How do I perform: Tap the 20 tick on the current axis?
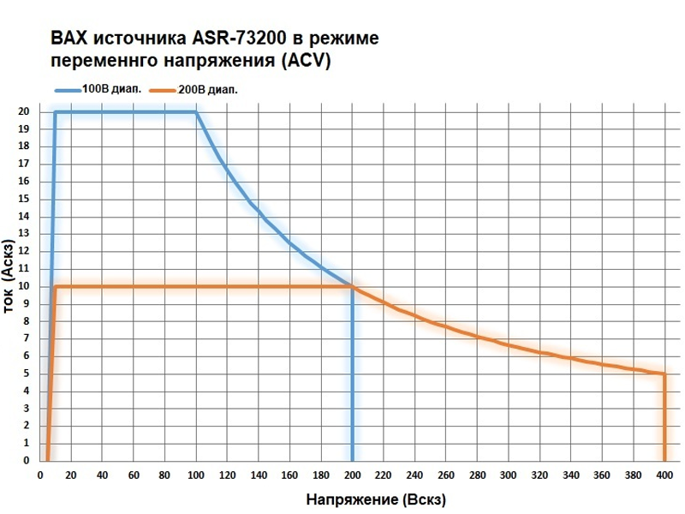pyautogui.click(x=25, y=111)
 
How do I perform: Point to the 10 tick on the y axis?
pyautogui.click(x=25, y=286)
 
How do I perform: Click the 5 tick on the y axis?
pyautogui.click(x=27, y=374)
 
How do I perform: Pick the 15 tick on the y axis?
pyautogui.click(x=25, y=199)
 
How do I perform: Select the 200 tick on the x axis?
pyautogui.click(x=352, y=476)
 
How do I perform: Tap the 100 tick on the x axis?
pyautogui.click(x=196, y=476)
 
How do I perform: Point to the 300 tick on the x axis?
pyautogui.click(x=509, y=476)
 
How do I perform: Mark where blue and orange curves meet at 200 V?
pyautogui.click(x=352, y=286)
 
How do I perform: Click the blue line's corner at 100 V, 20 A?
pyautogui.click(x=196, y=111)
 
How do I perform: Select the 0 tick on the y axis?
pyautogui.click(x=27, y=461)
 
